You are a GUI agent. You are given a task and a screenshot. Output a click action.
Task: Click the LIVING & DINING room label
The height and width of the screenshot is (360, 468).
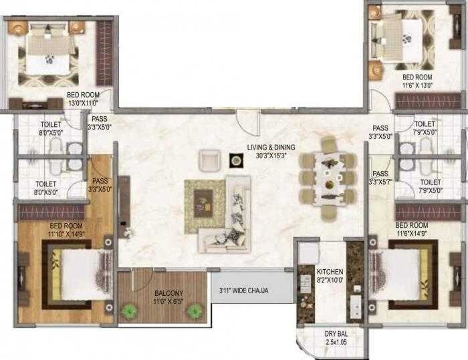tap(270, 146)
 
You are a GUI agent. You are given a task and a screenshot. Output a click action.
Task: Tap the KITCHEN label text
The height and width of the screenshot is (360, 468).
tap(330, 272)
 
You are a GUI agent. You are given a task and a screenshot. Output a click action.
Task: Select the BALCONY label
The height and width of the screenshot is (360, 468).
tap(164, 293)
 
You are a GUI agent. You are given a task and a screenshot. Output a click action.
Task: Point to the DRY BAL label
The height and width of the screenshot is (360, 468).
tap(336, 333)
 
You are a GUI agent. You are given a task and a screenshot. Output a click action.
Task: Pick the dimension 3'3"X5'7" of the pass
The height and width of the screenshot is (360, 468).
tap(381, 182)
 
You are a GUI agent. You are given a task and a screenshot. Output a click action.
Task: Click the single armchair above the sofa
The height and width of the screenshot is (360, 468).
tap(209, 160)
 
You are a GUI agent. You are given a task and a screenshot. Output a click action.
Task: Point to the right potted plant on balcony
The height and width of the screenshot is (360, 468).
tap(195, 309)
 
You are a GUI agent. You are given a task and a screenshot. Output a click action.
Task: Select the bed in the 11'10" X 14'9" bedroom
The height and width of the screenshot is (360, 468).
tap(78, 274)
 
